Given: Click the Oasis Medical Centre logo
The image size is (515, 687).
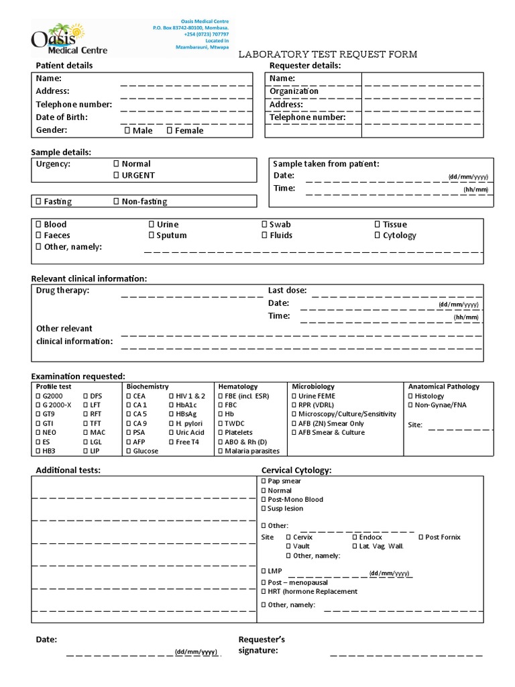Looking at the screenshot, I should click(69, 38).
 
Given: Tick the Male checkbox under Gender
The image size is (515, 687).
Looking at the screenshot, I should click(127, 131).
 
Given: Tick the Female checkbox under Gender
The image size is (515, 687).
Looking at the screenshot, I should click(169, 131).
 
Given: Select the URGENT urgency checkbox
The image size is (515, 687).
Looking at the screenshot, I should click(116, 175).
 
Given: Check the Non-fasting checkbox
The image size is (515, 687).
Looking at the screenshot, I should click(116, 201).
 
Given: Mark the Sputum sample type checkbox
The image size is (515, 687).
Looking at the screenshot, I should click(152, 235).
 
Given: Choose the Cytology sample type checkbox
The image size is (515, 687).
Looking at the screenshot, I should click(378, 235).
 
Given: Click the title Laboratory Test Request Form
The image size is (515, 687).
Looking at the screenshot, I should click(328, 54).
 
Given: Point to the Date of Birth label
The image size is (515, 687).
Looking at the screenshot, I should click(62, 117).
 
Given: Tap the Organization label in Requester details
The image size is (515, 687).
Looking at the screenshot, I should click(294, 91).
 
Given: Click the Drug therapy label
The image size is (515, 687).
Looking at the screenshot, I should click(62, 290).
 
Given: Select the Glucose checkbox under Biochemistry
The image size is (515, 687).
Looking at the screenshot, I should click(129, 451).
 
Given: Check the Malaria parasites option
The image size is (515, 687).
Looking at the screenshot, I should click(219, 451).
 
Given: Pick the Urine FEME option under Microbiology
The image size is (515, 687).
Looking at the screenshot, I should click(294, 396).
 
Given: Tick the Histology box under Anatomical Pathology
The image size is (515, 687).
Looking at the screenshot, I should click(410, 396).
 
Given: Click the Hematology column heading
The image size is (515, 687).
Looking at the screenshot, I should click(237, 386).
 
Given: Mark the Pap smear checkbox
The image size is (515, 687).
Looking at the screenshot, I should click(264, 481).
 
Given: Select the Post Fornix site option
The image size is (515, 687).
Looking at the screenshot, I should click(420, 537).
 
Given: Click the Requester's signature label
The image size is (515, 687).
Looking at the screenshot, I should click(262, 645).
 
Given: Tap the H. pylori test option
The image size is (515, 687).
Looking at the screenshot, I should click(172, 423).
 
